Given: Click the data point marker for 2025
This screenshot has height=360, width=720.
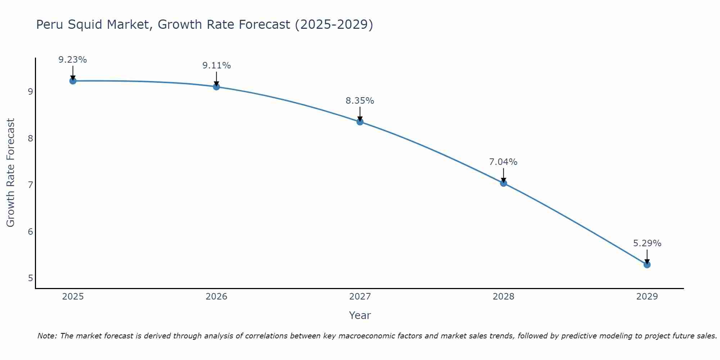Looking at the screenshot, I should (73, 81).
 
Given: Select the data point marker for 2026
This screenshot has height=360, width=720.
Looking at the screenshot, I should (216, 87).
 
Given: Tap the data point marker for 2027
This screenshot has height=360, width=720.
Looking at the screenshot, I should (360, 122).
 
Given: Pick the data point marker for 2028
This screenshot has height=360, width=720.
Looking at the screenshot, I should (504, 183).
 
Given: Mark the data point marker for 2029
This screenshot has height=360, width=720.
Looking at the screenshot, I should (647, 265).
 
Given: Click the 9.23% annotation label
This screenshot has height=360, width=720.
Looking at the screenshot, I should (73, 60).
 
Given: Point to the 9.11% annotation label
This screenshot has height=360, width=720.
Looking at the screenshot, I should (216, 66).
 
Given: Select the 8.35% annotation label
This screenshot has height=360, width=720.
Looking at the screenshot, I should (360, 101).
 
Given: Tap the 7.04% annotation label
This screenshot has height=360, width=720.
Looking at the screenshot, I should (503, 162).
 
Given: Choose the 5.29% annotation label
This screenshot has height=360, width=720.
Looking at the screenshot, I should (647, 243).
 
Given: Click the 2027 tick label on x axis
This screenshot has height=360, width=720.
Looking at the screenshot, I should (360, 297).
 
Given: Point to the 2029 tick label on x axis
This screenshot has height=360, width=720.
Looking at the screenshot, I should (647, 297).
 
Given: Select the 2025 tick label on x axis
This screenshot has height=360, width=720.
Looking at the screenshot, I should (73, 297).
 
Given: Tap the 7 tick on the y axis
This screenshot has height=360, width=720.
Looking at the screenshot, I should (30, 185).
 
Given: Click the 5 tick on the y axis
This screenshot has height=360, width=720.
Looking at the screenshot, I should (30, 278).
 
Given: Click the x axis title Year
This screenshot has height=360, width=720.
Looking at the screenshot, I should (360, 315).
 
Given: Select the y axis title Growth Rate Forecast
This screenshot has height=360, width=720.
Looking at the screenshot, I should (11, 173).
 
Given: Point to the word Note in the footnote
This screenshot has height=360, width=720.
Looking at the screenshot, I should (47, 336).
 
